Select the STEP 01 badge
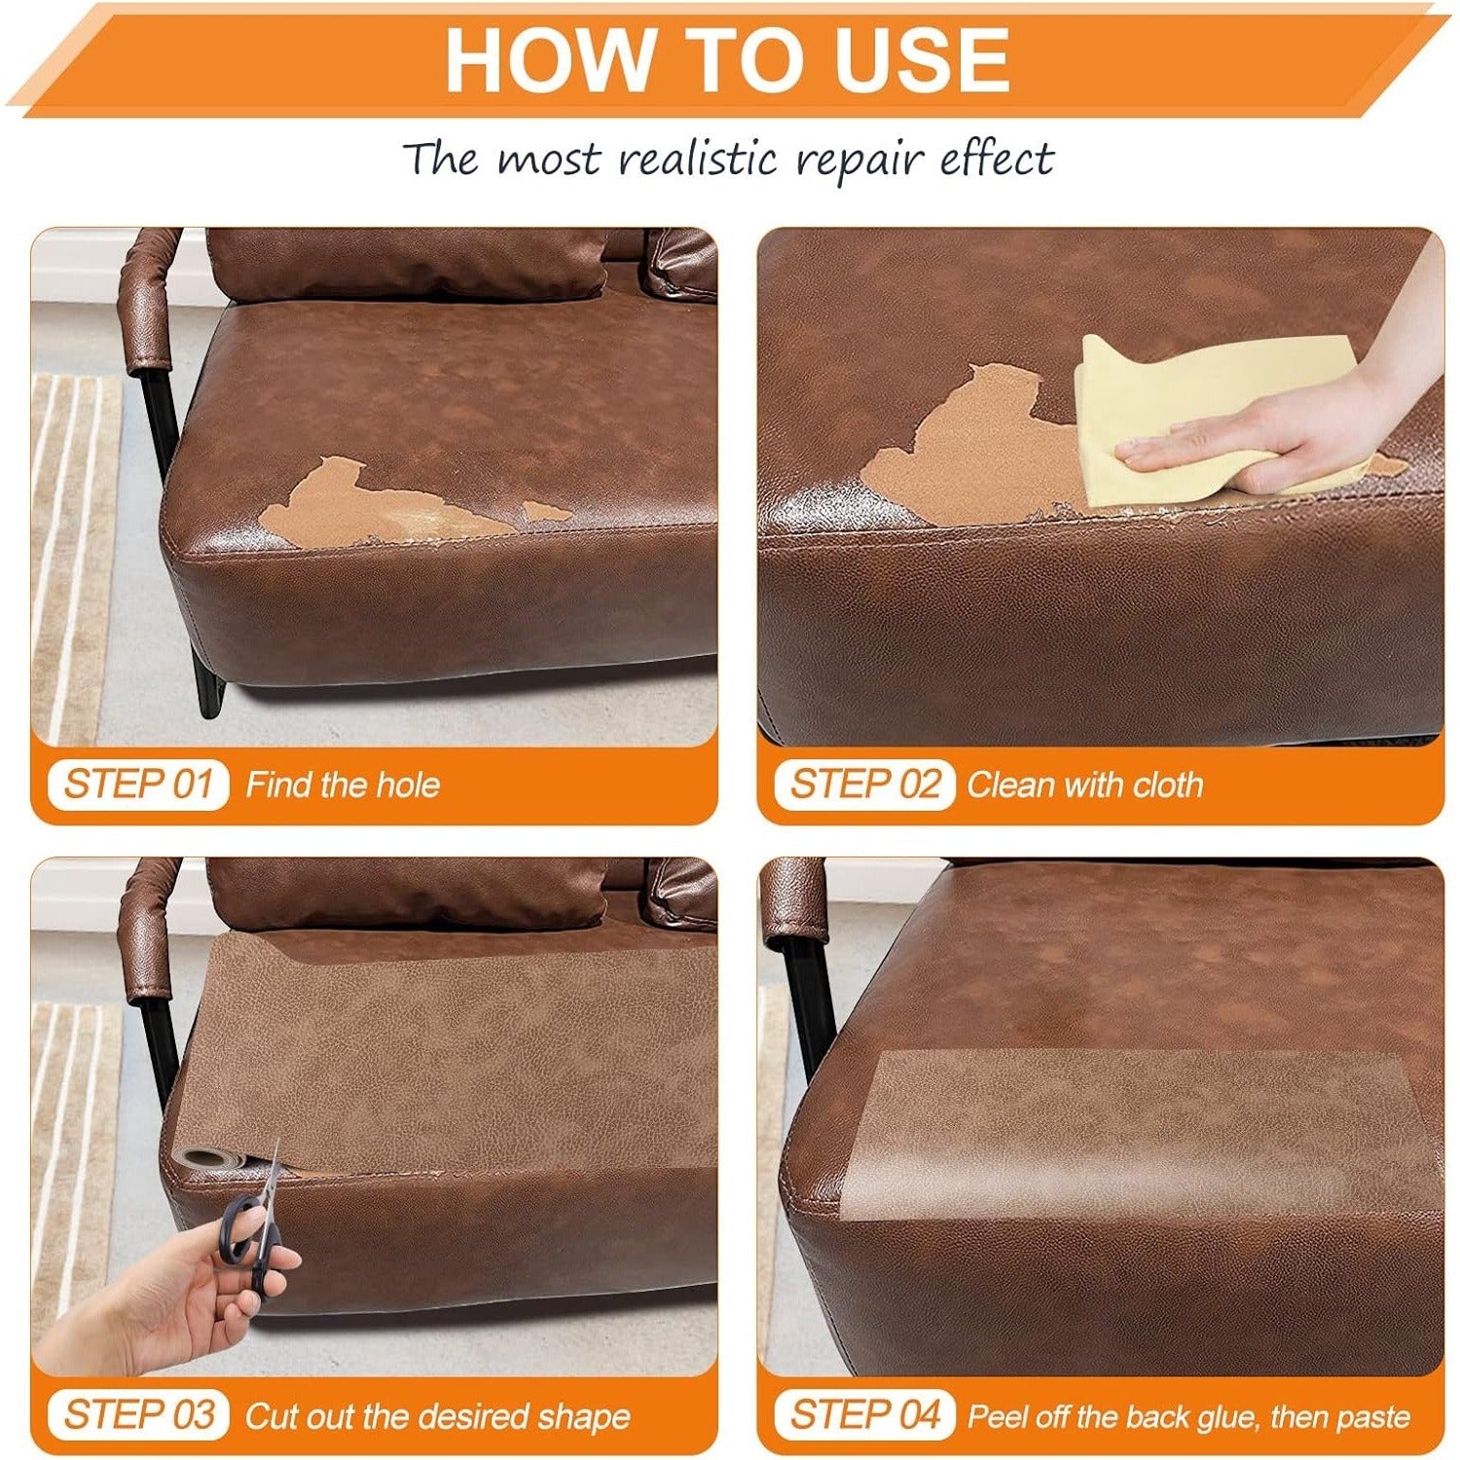137,785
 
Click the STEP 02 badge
865,785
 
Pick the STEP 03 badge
137,1414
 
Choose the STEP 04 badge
865,1414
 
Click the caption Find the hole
343,785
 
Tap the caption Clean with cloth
1085,785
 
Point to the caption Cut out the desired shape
438,1416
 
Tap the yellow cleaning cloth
1217,419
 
